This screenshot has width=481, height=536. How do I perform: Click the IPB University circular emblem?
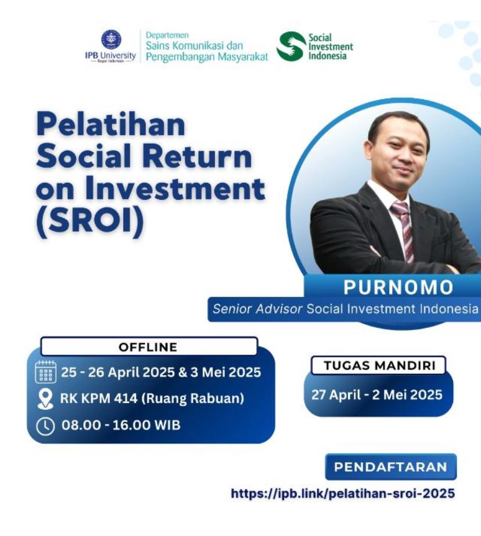(x=111, y=40)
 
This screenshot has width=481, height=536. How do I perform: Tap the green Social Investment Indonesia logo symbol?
(x=291, y=47)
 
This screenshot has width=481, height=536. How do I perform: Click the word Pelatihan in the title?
(x=111, y=125)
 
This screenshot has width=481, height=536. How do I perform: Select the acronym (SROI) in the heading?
(x=90, y=221)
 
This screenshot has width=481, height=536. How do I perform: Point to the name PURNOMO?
(x=399, y=287)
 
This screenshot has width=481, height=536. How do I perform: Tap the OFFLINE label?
(x=148, y=347)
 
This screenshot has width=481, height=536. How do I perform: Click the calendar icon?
(x=46, y=371)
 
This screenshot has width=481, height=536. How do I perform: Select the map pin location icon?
(x=45, y=399)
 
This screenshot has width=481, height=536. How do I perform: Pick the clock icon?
(x=45, y=426)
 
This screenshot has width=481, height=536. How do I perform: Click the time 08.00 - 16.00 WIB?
(x=121, y=425)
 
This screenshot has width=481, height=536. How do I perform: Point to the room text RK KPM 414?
(x=99, y=398)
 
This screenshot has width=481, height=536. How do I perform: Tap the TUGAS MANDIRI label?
(x=379, y=366)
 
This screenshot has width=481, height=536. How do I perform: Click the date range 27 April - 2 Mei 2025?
(x=377, y=395)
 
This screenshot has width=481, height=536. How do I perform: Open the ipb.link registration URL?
(x=343, y=493)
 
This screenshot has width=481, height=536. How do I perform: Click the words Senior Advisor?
(x=257, y=309)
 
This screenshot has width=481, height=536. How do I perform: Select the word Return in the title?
(x=198, y=157)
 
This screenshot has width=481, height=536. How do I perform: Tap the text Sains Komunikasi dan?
(x=195, y=45)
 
